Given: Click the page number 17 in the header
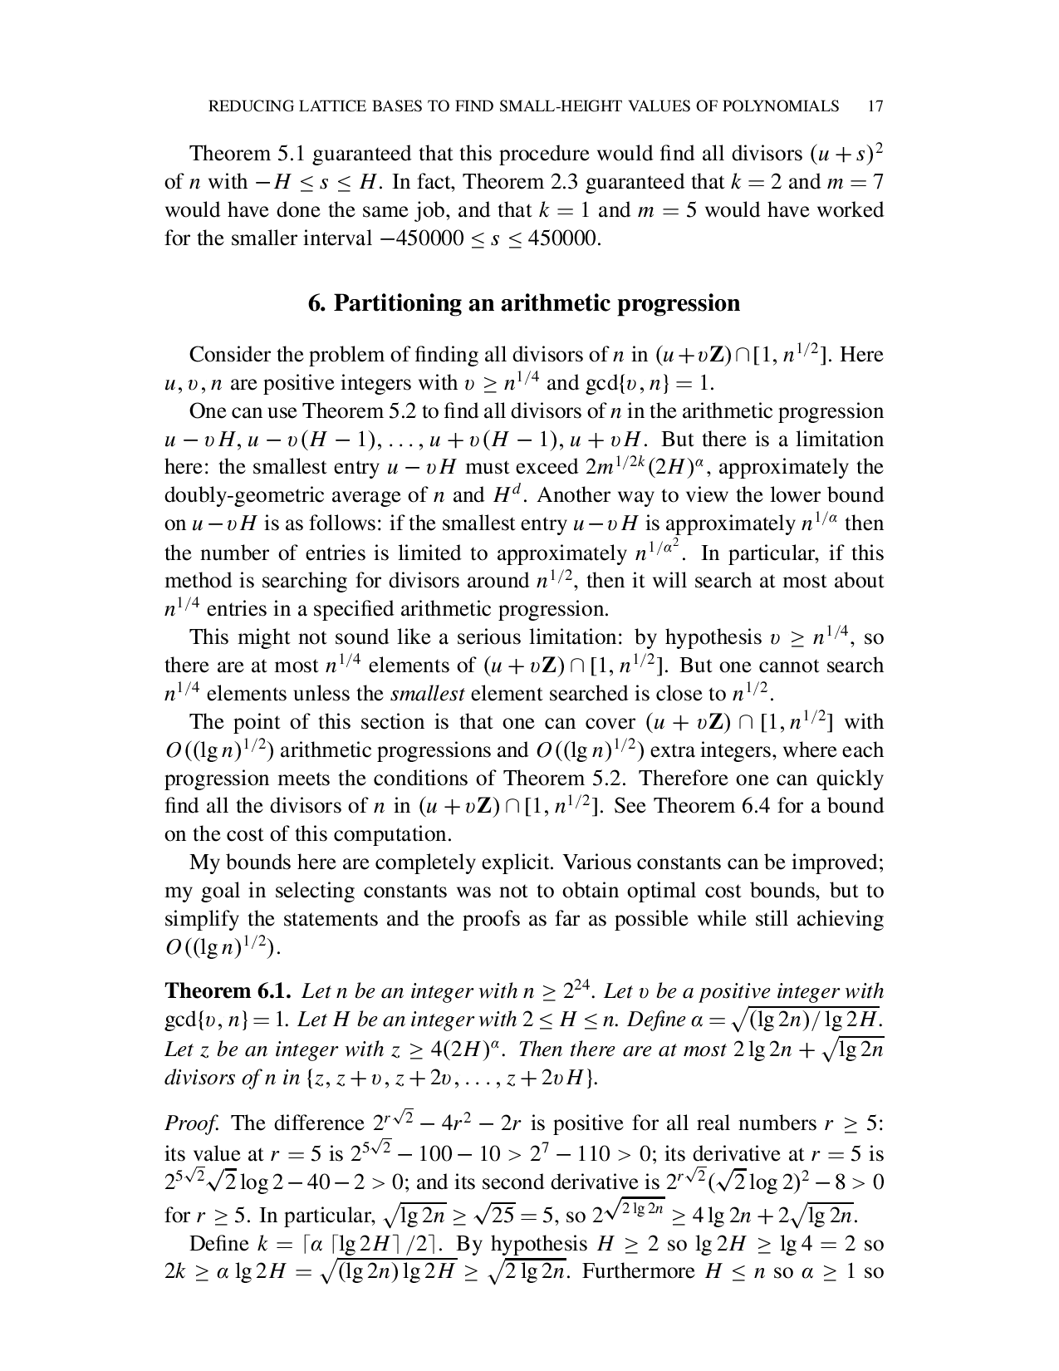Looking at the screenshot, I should (874, 106).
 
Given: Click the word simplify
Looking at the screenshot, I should (203, 919).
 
